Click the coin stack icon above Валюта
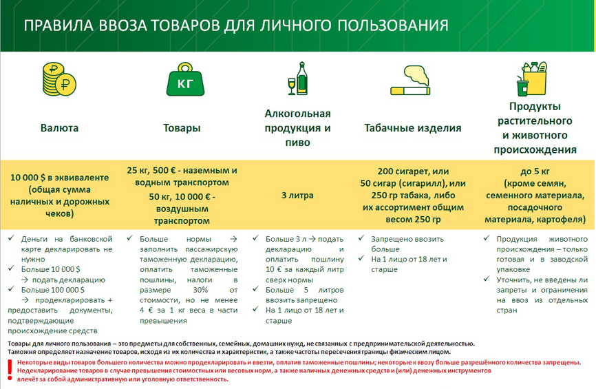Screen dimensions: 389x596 pos(59,82)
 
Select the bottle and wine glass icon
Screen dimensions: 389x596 pos(298,78)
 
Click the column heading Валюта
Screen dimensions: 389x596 pos(59,128)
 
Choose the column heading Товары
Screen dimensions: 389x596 pos(182,128)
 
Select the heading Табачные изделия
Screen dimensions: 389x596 pos(412,128)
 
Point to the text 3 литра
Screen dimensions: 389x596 pos(297,195)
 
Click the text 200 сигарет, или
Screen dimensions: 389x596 pos(412,171)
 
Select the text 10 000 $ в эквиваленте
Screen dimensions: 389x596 pos(59,177)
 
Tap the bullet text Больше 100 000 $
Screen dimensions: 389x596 pos(53,290)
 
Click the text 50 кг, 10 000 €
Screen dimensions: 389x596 pos(182,197)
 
